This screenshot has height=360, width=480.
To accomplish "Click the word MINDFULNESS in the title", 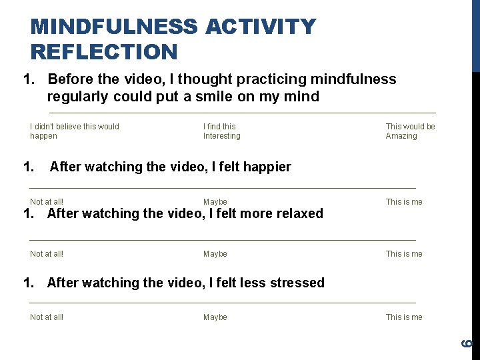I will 114,27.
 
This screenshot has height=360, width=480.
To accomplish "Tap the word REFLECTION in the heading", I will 104,51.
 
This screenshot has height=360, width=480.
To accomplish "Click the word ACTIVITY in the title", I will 261,27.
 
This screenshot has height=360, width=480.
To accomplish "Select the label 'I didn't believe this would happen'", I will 74,131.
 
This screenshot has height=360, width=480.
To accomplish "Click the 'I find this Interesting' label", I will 221,131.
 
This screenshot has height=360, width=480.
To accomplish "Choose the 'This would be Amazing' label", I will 410,131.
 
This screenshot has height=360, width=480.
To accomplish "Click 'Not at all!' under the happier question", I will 47,202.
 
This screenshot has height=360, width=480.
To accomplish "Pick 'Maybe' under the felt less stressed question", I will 215,317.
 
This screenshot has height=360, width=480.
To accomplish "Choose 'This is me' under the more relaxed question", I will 404,254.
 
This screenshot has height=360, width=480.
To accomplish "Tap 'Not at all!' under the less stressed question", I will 47,317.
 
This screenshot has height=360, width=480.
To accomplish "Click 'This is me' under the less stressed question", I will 404,317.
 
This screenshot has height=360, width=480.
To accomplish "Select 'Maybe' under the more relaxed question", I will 215,254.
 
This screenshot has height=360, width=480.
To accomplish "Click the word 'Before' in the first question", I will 71,79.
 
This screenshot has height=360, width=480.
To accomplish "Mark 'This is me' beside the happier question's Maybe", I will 404,202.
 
